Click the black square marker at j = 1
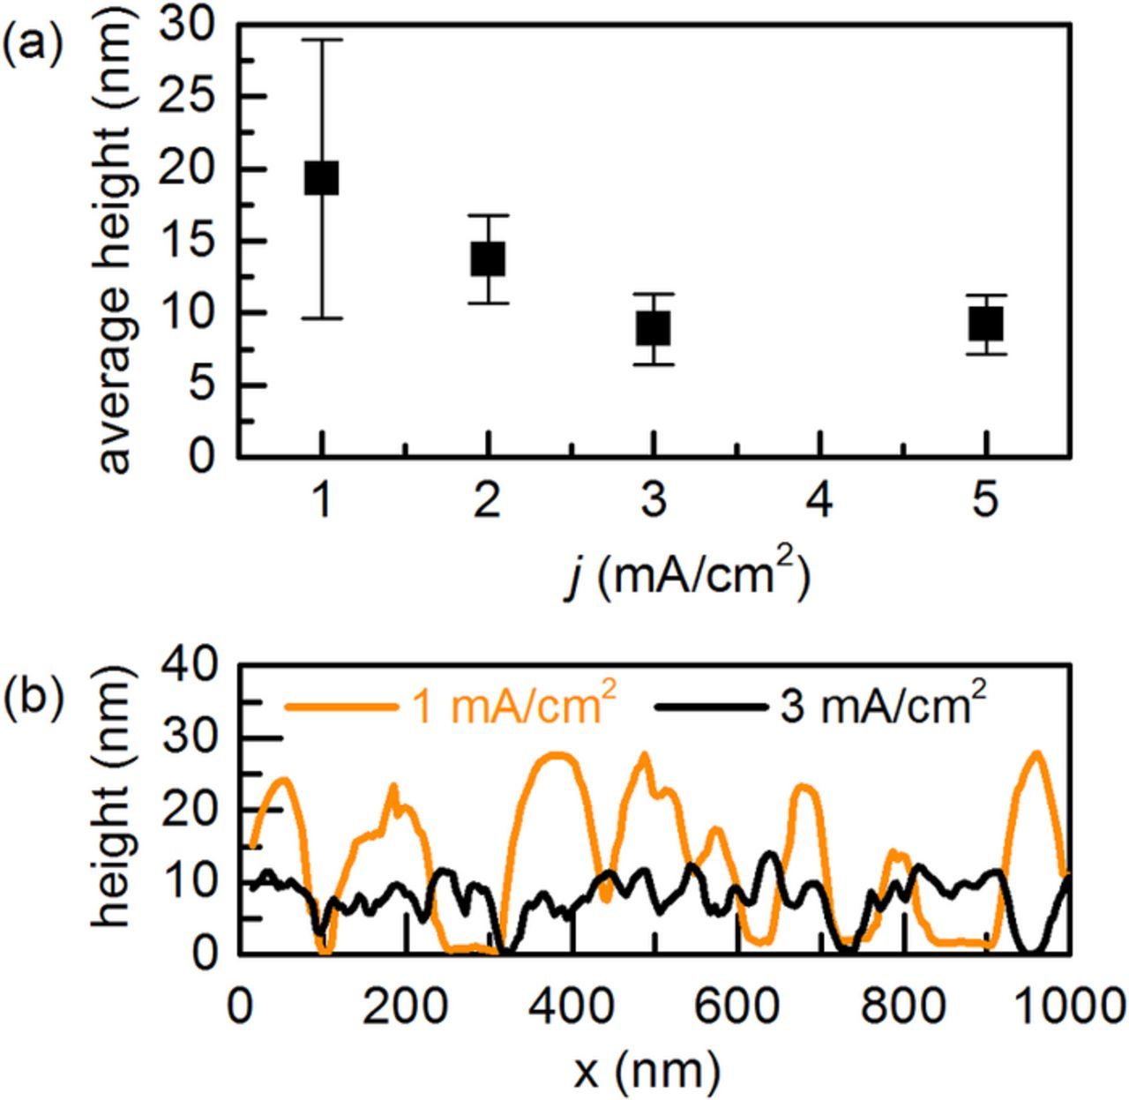[x=322, y=178]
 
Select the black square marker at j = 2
[x=488, y=258]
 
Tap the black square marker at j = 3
[x=654, y=328]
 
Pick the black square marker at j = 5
[x=986, y=325]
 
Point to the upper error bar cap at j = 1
[x=322, y=40]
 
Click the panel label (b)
[x=33, y=697]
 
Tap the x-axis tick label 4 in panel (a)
[x=819, y=501]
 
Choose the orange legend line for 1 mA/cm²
[x=340, y=707]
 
